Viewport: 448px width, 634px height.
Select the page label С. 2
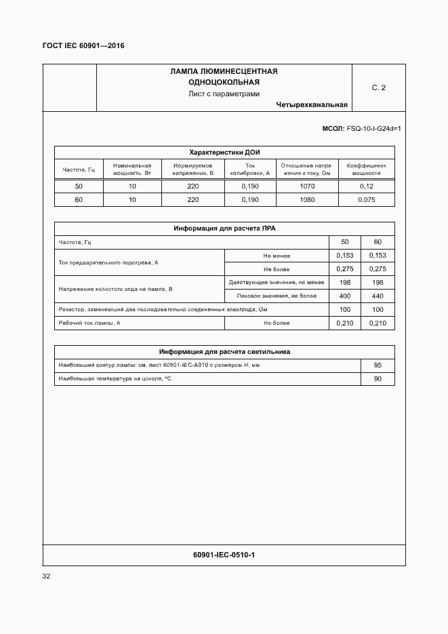pyautogui.click(x=378, y=88)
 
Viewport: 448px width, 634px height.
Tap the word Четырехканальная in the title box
pyautogui.click(x=312, y=105)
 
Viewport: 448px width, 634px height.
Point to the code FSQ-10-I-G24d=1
pyautogui.click(x=373, y=128)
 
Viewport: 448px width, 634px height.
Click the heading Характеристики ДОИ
pyautogui.click(x=224, y=152)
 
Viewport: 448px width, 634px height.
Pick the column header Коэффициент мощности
pyautogui.click(x=366, y=170)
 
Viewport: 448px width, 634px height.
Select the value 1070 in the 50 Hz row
pyautogui.click(x=307, y=186)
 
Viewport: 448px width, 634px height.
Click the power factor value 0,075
pyautogui.click(x=366, y=200)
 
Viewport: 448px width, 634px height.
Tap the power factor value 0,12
pyautogui.click(x=366, y=186)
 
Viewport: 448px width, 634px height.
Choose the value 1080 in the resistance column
pyautogui.click(x=307, y=200)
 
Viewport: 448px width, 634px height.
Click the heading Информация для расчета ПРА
pyautogui.click(x=224, y=229)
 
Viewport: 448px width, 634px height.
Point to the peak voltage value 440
pyautogui.click(x=378, y=296)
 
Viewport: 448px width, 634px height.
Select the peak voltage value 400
pyautogui.click(x=344, y=296)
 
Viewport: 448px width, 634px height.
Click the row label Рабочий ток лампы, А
pyautogui.click(x=89, y=323)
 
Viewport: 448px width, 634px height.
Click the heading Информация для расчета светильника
pyautogui.click(x=224, y=352)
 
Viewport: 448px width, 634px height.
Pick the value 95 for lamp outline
pyautogui.click(x=378, y=365)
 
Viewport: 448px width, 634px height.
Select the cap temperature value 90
pyautogui.click(x=378, y=379)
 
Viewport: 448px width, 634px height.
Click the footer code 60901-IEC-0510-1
pyautogui.click(x=224, y=555)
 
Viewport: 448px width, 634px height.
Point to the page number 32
pyautogui.click(x=47, y=576)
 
